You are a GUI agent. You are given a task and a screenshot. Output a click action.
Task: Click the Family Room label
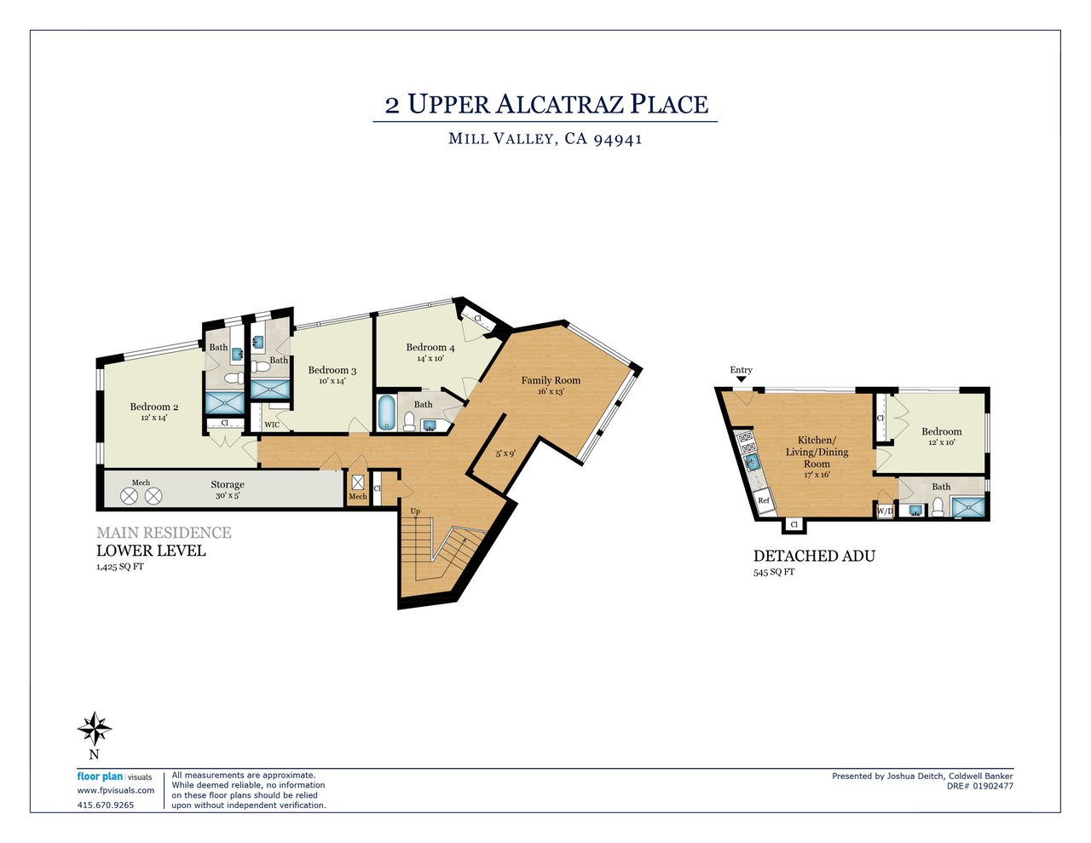[x=551, y=380]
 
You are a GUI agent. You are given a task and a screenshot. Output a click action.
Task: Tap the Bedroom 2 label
[x=154, y=407]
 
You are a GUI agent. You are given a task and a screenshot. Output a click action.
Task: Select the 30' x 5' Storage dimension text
[x=228, y=495]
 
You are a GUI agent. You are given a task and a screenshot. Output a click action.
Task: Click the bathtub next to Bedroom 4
[x=385, y=413]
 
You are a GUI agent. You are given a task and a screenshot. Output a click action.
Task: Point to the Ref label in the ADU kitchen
[x=763, y=500]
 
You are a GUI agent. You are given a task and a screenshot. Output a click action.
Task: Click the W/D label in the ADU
[x=885, y=511]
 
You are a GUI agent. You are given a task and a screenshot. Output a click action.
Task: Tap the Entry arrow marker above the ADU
[x=741, y=379]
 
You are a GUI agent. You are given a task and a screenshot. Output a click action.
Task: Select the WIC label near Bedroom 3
[x=272, y=424]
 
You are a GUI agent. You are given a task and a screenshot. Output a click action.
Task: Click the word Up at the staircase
[x=415, y=511]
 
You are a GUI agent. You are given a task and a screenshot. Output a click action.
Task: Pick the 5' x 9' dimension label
[x=505, y=453]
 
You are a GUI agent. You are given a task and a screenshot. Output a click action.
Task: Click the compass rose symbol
[x=95, y=729]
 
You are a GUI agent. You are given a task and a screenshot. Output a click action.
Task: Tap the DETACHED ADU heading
[x=814, y=556]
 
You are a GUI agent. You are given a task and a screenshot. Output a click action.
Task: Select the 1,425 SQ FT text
[x=120, y=567]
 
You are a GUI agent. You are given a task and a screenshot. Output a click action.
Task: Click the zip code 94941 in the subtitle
[x=618, y=139]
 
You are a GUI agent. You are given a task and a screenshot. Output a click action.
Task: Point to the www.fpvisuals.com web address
[x=115, y=790]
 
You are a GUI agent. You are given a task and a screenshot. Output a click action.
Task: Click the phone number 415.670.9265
[x=106, y=805]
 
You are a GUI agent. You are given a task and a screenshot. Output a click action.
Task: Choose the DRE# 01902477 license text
[x=980, y=786]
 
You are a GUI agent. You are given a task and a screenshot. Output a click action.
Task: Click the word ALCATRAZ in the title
[x=560, y=105]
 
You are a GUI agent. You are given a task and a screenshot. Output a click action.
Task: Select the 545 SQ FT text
[x=774, y=572]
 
